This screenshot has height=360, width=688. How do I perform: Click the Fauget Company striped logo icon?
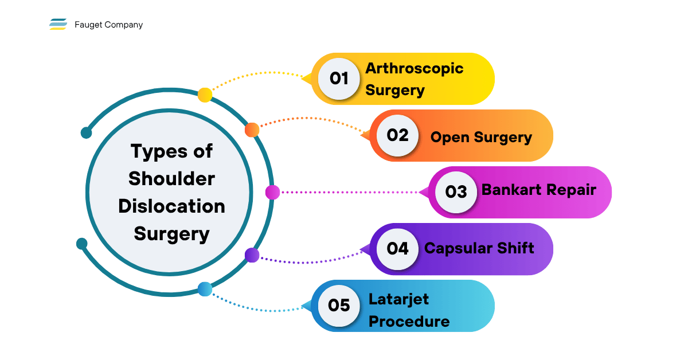pyautogui.click(x=58, y=24)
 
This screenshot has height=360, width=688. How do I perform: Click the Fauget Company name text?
pyautogui.click(x=109, y=25)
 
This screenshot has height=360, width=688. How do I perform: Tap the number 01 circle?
pyautogui.click(x=339, y=79)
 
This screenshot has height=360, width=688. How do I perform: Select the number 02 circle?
pyautogui.click(x=397, y=135)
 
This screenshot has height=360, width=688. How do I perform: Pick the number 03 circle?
pyautogui.click(x=456, y=192)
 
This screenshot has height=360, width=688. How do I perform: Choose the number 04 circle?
pyautogui.click(x=397, y=249)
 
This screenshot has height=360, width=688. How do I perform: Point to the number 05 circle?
pyautogui.click(x=339, y=306)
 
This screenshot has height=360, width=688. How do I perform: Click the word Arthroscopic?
pyautogui.click(x=415, y=68)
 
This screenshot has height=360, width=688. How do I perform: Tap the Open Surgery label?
pyautogui.click(x=481, y=138)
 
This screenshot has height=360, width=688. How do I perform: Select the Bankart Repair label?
pyautogui.click(x=539, y=190)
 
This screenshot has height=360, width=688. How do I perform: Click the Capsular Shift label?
pyautogui.click(x=479, y=248)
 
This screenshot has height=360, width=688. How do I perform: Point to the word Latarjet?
pyautogui.click(x=398, y=299)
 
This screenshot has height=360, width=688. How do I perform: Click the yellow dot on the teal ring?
pyautogui.click(x=205, y=95)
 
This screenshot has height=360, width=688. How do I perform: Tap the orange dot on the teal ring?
pyautogui.click(x=252, y=130)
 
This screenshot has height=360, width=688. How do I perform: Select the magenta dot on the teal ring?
pyautogui.click(x=272, y=192)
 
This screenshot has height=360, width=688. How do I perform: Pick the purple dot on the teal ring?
pyautogui.click(x=252, y=255)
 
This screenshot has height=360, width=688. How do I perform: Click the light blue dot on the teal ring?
pyautogui.click(x=205, y=289)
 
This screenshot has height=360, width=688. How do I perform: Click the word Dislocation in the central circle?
pyautogui.click(x=171, y=206)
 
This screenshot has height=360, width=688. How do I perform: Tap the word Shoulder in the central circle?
pyautogui.click(x=171, y=178)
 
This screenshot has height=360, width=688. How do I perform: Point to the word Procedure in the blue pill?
pyautogui.click(x=409, y=321)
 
